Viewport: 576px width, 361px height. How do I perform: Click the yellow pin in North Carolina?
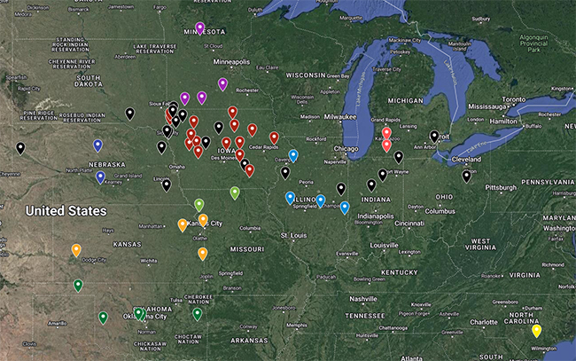pos(536,332)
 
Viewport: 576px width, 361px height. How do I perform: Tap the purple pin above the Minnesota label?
pos(199,28)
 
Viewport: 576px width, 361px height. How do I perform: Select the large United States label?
pos(66,210)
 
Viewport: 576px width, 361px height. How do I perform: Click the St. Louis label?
pos(292,235)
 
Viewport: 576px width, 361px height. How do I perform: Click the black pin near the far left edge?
pos(20,149)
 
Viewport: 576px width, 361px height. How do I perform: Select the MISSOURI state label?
pos(248,250)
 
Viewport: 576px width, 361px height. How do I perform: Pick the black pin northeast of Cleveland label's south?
pos(467,177)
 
